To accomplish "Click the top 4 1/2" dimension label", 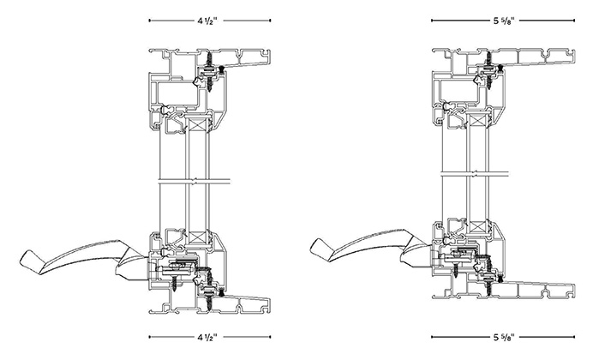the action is (x=207, y=21).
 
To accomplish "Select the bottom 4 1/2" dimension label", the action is (x=207, y=337).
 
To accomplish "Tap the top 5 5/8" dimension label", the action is (x=504, y=21).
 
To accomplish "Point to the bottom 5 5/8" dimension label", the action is (x=504, y=337).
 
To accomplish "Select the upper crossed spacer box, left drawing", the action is (x=197, y=125).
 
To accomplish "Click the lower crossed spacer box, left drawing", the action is (x=197, y=238).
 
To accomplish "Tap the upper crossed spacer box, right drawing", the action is (x=476, y=121).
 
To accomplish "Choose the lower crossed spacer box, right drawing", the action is (x=476, y=228).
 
